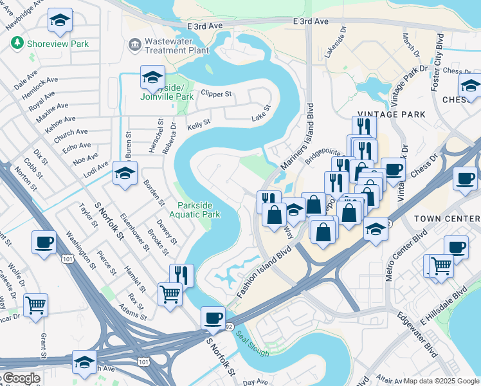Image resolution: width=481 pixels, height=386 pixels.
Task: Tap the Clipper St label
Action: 216,93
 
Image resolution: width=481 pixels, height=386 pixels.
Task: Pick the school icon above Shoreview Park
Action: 60,21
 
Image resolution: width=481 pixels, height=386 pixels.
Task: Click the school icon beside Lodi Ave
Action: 125,172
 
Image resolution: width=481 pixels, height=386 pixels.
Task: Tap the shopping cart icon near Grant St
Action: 35,304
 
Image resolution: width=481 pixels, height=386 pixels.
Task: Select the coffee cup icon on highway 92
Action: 213,317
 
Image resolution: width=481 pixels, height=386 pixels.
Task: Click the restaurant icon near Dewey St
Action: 181,275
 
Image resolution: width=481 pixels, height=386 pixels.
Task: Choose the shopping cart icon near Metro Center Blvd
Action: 440,266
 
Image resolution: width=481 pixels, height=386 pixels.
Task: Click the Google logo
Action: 21,379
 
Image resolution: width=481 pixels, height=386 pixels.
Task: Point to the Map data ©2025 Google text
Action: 441,381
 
